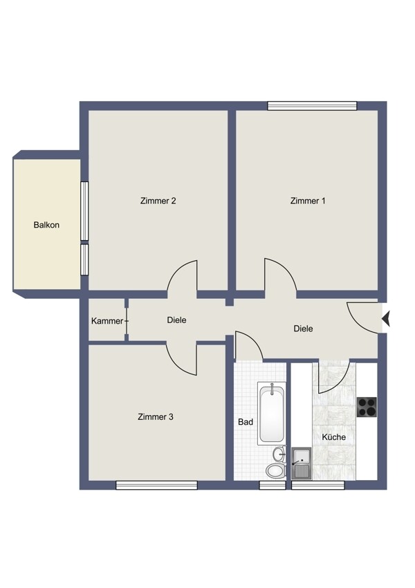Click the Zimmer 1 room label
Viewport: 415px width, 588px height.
pos(307,201)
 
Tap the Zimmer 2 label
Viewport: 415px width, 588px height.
pos(158,201)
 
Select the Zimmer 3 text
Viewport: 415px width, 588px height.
pos(156,416)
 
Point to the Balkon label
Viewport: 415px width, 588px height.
pos(46,225)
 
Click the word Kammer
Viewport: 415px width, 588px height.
pos(107,321)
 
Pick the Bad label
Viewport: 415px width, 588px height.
pos(246,422)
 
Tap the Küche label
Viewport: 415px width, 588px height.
pos(333,437)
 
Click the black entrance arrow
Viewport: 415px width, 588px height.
pos(386,319)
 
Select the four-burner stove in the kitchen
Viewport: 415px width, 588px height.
pos(367,407)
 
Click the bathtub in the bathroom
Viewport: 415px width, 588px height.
pos(272,413)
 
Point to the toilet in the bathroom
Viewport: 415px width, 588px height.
pos(276,470)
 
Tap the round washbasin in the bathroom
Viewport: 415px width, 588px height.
pos(279,454)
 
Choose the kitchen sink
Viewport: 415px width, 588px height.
pos(302,463)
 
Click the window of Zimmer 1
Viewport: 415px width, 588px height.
pos(312,106)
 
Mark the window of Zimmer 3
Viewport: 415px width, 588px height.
pos(157,485)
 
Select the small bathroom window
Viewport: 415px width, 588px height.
pos(273,485)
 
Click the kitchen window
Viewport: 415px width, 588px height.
pos(318,485)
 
